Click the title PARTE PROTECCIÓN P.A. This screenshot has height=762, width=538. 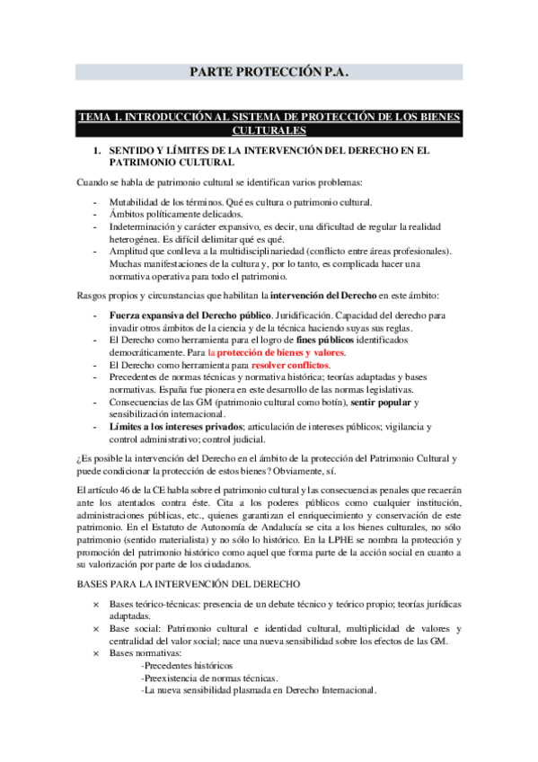269,72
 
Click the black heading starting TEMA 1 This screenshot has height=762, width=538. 269,117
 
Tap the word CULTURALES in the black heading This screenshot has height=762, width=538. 269,130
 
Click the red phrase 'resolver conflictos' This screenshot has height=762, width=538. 291,366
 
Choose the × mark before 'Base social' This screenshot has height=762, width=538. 96,628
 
